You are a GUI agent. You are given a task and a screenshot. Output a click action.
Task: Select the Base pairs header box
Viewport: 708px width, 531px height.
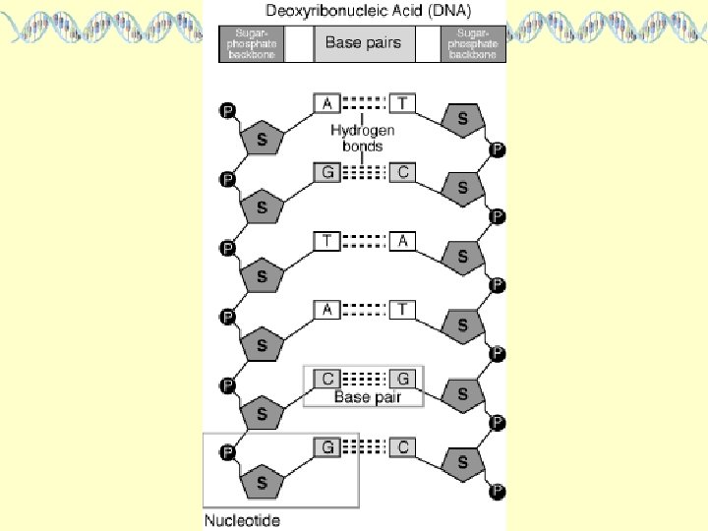tap(363, 43)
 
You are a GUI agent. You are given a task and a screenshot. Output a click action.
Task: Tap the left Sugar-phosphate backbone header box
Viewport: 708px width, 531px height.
tap(250, 44)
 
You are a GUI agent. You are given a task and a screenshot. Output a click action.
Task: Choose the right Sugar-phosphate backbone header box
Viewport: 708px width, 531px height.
tap(475, 44)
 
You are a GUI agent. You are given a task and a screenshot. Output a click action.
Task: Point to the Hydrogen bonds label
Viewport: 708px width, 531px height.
tap(363, 138)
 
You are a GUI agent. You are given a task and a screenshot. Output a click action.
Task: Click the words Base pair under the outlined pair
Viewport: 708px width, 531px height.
tap(364, 397)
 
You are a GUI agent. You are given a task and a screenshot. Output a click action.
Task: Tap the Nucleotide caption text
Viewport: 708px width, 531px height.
tap(241, 520)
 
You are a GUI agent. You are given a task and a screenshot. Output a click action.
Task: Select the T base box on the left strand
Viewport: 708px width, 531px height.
tap(326, 241)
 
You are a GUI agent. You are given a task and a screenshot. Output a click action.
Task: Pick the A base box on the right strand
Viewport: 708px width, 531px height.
tap(403, 241)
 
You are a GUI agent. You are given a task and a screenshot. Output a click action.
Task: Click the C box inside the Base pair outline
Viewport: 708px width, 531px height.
tap(326, 378)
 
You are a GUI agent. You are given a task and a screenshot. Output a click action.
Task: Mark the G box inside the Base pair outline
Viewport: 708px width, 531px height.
tap(403, 378)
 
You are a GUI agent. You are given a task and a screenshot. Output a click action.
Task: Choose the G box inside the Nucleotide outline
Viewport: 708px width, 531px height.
tap(326, 446)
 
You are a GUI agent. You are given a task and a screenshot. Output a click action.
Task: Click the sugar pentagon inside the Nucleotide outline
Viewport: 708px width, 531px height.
tap(262, 482)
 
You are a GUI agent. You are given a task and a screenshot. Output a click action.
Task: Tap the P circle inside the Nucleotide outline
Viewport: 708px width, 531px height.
tap(227, 453)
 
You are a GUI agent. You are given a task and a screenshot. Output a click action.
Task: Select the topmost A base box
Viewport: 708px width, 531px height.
tap(326, 103)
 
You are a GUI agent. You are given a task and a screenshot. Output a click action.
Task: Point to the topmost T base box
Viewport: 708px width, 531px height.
tap(403, 103)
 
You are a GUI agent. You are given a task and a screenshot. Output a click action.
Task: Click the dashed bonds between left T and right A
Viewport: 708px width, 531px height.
tap(365, 241)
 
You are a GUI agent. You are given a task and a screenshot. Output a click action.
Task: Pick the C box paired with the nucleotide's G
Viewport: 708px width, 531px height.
tap(403, 446)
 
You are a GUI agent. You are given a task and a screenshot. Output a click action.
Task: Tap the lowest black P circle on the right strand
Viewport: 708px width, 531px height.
tap(498, 491)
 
